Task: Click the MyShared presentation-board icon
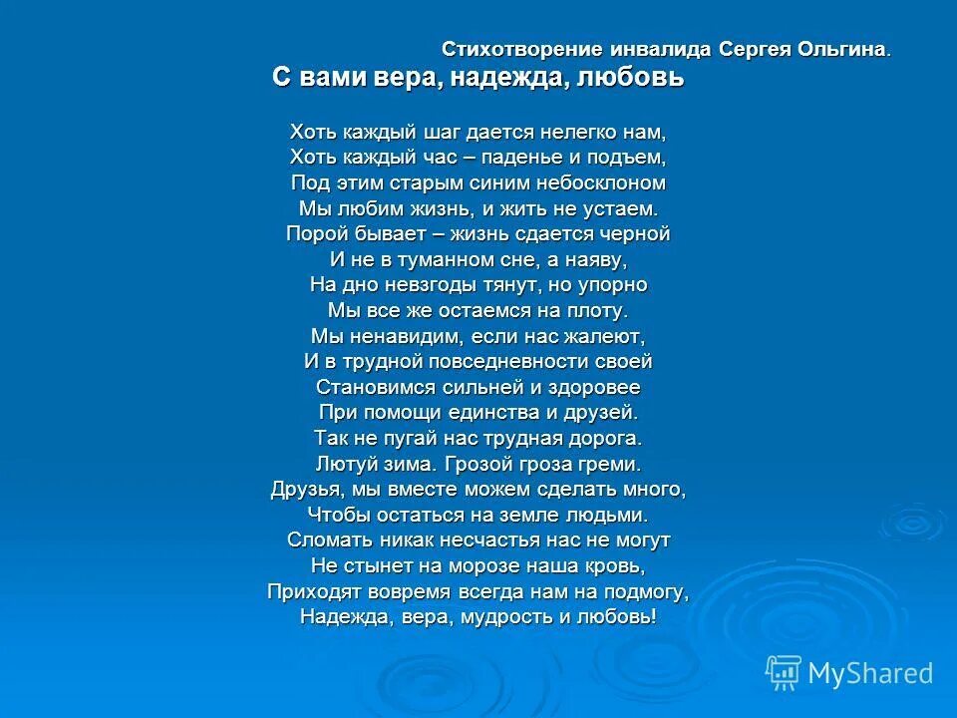(x=784, y=672)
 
